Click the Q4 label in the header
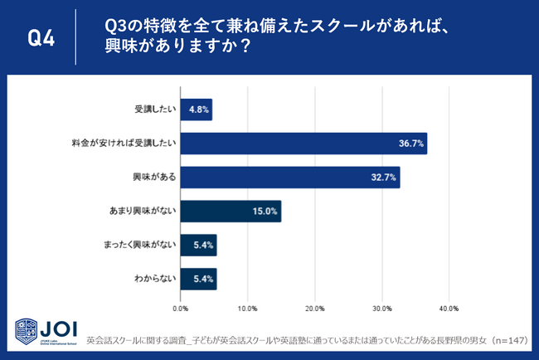click(41, 38)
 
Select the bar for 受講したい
click(196, 109)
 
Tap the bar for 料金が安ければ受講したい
click(303, 144)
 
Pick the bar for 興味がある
click(289, 178)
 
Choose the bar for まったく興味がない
click(198, 246)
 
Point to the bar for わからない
click(198, 280)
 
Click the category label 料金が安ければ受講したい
click(124, 144)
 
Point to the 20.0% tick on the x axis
click(314, 308)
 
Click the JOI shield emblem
click(25, 330)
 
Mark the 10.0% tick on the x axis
click(247, 308)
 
